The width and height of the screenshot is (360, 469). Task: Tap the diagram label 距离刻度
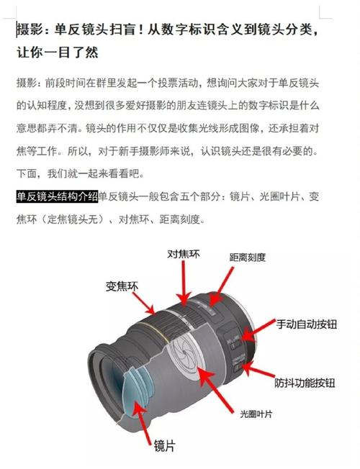(247, 257)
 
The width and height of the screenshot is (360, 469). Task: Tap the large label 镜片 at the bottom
(163, 446)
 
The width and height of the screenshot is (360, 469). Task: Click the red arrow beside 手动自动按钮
(260, 330)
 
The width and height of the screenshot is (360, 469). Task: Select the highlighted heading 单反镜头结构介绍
(57, 196)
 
